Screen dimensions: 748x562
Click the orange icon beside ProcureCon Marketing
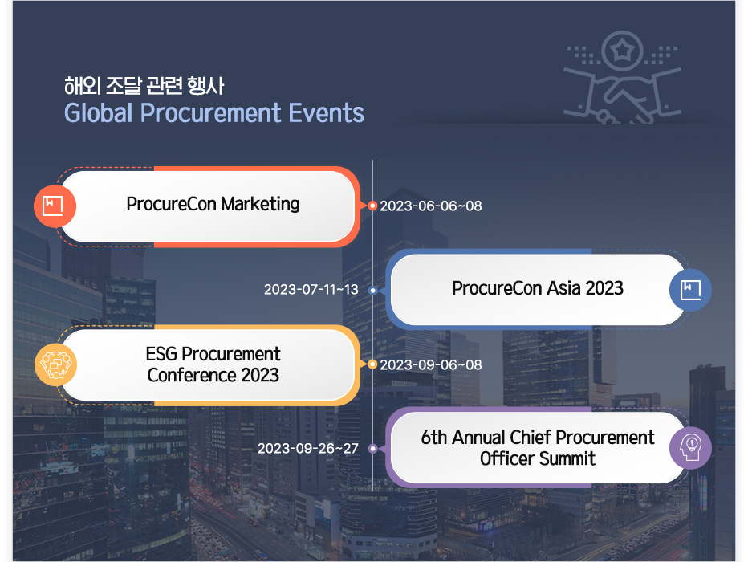(x=55, y=206)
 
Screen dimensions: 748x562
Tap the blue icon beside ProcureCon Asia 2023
(x=690, y=290)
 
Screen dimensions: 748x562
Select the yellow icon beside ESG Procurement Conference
(x=56, y=364)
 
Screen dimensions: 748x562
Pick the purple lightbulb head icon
(x=690, y=448)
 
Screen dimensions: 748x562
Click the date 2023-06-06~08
(x=431, y=206)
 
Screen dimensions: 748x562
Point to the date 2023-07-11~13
(x=311, y=290)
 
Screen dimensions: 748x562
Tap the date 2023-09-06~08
(x=431, y=365)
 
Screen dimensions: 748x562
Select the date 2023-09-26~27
(x=307, y=449)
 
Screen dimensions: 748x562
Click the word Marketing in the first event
(x=261, y=204)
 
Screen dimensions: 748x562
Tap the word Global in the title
(x=99, y=113)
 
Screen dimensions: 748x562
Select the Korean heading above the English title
(x=144, y=85)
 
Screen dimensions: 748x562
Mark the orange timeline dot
(x=372, y=206)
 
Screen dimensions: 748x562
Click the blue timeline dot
(x=373, y=290)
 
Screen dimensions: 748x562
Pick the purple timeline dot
(x=373, y=449)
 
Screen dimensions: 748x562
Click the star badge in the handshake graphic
(x=622, y=50)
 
